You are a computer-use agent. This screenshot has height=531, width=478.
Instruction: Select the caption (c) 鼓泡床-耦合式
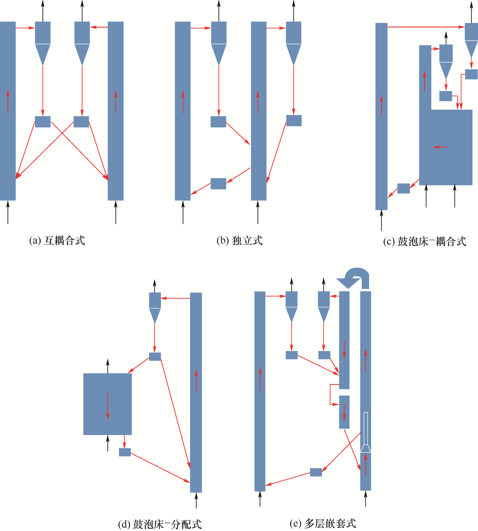[x=425, y=241]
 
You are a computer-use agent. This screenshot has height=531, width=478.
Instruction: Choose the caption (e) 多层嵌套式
[x=323, y=523]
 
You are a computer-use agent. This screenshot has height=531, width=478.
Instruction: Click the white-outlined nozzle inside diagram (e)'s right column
[x=366, y=432]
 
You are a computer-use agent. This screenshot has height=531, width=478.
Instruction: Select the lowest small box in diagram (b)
[x=218, y=184]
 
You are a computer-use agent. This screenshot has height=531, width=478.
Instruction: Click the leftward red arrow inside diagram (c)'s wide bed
[x=441, y=147]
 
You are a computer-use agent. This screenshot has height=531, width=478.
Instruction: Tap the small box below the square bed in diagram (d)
[x=125, y=452]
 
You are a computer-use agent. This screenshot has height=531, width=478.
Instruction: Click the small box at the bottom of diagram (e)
[x=316, y=472]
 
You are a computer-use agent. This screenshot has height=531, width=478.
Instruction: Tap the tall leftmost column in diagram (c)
[x=381, y=116]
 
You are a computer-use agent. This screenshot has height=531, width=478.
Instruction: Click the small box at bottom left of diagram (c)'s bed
[x=403, y=188]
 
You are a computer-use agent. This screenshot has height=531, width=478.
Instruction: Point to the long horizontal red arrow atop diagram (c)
[x=426, y=27]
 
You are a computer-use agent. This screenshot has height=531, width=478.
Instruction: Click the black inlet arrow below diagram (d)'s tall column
[x=196, y=501]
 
